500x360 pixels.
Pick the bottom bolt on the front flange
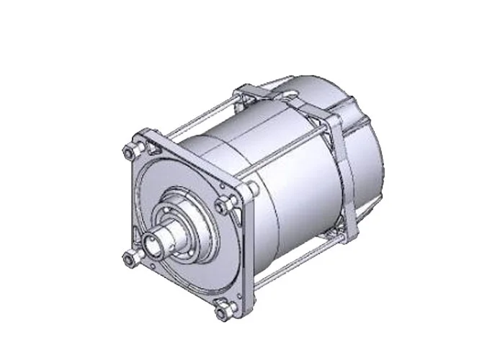[220, 311]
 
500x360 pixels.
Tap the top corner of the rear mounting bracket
[247, 89]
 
